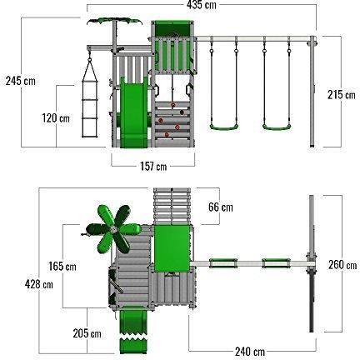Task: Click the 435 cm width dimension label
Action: click(202, 5)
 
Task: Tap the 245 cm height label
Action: click(21, 81)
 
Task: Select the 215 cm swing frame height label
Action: click(341, 95)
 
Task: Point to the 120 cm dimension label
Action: click(56, 118)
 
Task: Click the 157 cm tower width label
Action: click(153, 166)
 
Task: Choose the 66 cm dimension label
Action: click(221, 207)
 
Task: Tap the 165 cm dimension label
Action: click(62, 267)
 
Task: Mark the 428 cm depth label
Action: click(38, 284)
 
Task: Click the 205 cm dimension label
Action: click(87, 333)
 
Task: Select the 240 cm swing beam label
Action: click(250, 352)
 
